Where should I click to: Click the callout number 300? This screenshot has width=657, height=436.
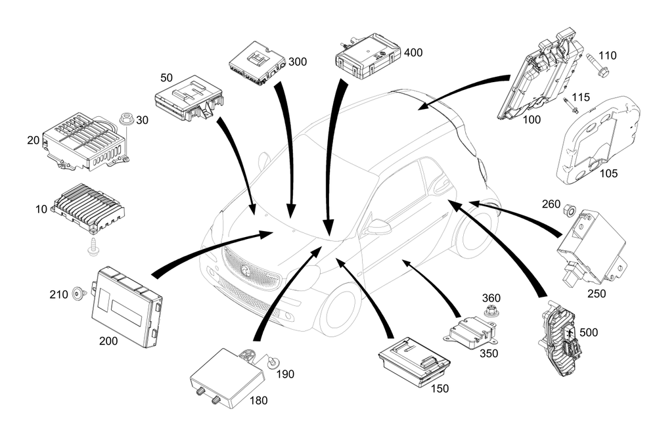pos(298,62)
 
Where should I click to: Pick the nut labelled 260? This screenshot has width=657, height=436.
pos(570,211)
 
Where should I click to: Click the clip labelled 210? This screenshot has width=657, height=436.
pos(79,294)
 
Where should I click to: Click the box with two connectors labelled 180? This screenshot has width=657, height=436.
pos(226,374)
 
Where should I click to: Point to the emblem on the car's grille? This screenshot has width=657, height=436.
pos(244,269)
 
